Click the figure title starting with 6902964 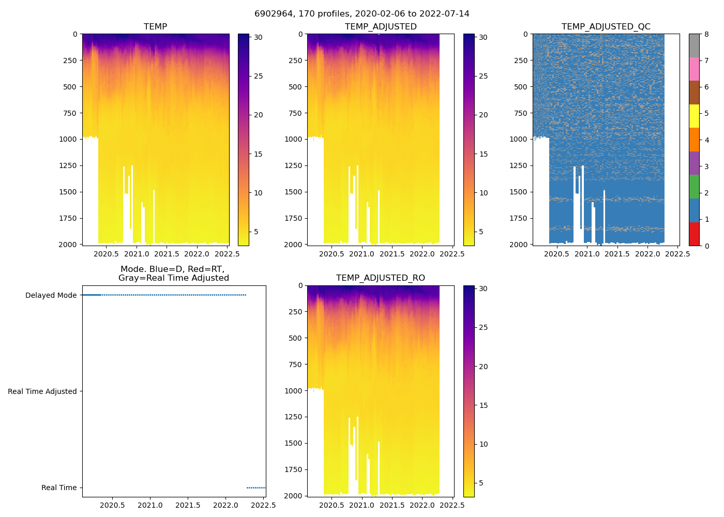[x=361, y=14]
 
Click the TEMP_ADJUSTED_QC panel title [x=606, y=27]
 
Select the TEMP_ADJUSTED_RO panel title [x=380, y=278]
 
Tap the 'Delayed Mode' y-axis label [x=51, y=295]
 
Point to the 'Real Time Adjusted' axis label [x=42, y=391]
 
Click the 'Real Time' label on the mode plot [x=59, y=488]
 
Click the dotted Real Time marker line [x=256, y=488]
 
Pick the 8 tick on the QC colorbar [x=706, y=34]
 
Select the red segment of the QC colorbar [x=694, y=234]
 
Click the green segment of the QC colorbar [x=694, y=186]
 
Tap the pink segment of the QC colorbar [x=694, y=69]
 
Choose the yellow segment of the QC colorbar [x=694, y=116]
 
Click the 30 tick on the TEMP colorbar [x=258, y=37]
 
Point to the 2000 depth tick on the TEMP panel [x=67, y=244]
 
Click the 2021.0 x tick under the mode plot [x=150, y=505]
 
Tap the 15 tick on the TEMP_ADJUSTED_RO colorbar [x=484, y=405]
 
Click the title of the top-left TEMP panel [x=155, y=27]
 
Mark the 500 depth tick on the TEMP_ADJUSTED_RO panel [x=296, y=338]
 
